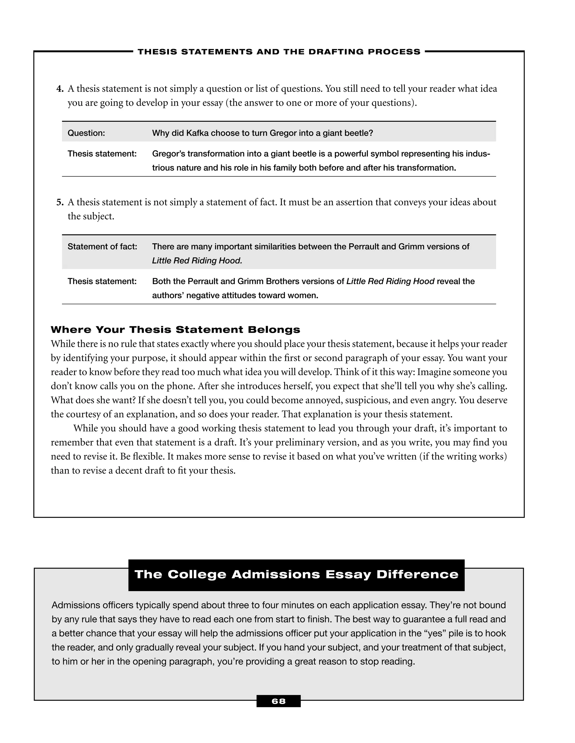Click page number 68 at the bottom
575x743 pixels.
278,701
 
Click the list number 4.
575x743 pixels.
60,89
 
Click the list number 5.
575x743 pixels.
60,202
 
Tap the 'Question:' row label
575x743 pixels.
86,133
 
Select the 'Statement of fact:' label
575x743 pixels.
102,247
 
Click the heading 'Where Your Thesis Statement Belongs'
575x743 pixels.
175,330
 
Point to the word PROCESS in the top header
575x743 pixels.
394,52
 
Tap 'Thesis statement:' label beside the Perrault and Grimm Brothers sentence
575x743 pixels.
102,281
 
